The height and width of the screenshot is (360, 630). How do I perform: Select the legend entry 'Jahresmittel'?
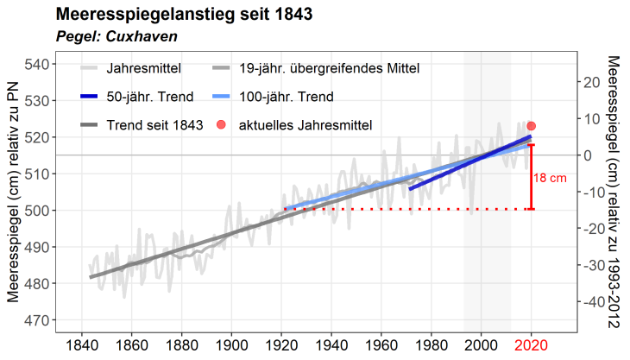[142, 67]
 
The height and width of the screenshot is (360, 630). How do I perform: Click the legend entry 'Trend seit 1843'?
[155, 125]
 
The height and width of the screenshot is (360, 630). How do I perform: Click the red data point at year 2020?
[532, 126]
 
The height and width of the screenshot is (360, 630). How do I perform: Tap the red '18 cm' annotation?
[550, 178]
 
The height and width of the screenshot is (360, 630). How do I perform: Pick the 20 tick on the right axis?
[590, 82]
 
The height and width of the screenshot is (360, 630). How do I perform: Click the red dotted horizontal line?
[406, 209]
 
